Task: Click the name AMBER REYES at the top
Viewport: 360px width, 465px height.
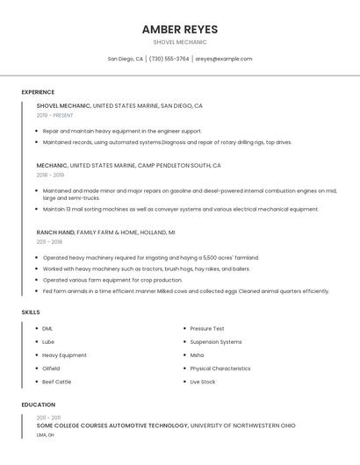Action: click(179, 29)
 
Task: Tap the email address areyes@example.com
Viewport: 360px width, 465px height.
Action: click(223, 59)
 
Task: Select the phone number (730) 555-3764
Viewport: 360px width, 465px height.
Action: click(169, 59)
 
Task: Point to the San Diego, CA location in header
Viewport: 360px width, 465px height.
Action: click(126, 59)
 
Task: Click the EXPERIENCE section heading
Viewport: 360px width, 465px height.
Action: click(38, 92)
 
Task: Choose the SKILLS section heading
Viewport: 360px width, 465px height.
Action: click(31, 312)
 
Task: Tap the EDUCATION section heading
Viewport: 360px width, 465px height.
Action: click(38, 404)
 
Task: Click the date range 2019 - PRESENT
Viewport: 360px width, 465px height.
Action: click(55, 115)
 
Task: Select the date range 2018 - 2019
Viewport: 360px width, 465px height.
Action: click(50, 175)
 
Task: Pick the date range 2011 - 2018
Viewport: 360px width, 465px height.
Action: click(49, 241)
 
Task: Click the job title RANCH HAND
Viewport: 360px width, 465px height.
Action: click(55, 232)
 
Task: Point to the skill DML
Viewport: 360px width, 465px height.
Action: click(47, 328)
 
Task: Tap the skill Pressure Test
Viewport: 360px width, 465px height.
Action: click(207, 328)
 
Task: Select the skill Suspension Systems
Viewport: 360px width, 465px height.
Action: click(215, 341)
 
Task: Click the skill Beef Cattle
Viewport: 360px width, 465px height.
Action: click(56, 382)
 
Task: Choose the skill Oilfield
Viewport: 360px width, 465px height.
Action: click(51, 368)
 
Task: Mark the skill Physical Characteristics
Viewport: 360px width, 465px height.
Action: click(220, 368)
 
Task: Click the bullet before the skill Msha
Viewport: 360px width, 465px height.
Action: click(184, 355)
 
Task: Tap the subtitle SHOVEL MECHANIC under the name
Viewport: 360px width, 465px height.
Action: click(179, 42)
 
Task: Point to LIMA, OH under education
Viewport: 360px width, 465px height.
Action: click(46, 434)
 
